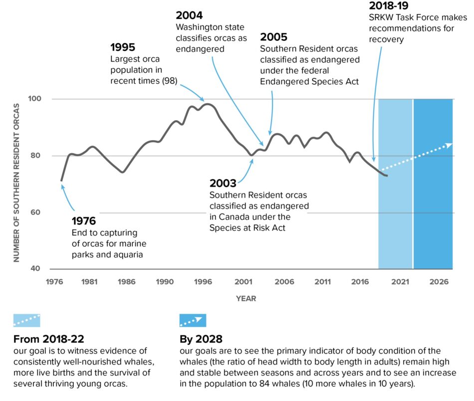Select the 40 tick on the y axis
[42, 269]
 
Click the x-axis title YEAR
[246, 298]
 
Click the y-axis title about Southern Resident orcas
[16, 183]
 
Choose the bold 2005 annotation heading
[274, 37]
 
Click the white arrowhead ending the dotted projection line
[449, 145]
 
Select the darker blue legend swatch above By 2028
[192, 320]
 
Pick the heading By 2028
[201, 340]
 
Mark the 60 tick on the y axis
[42, 212]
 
